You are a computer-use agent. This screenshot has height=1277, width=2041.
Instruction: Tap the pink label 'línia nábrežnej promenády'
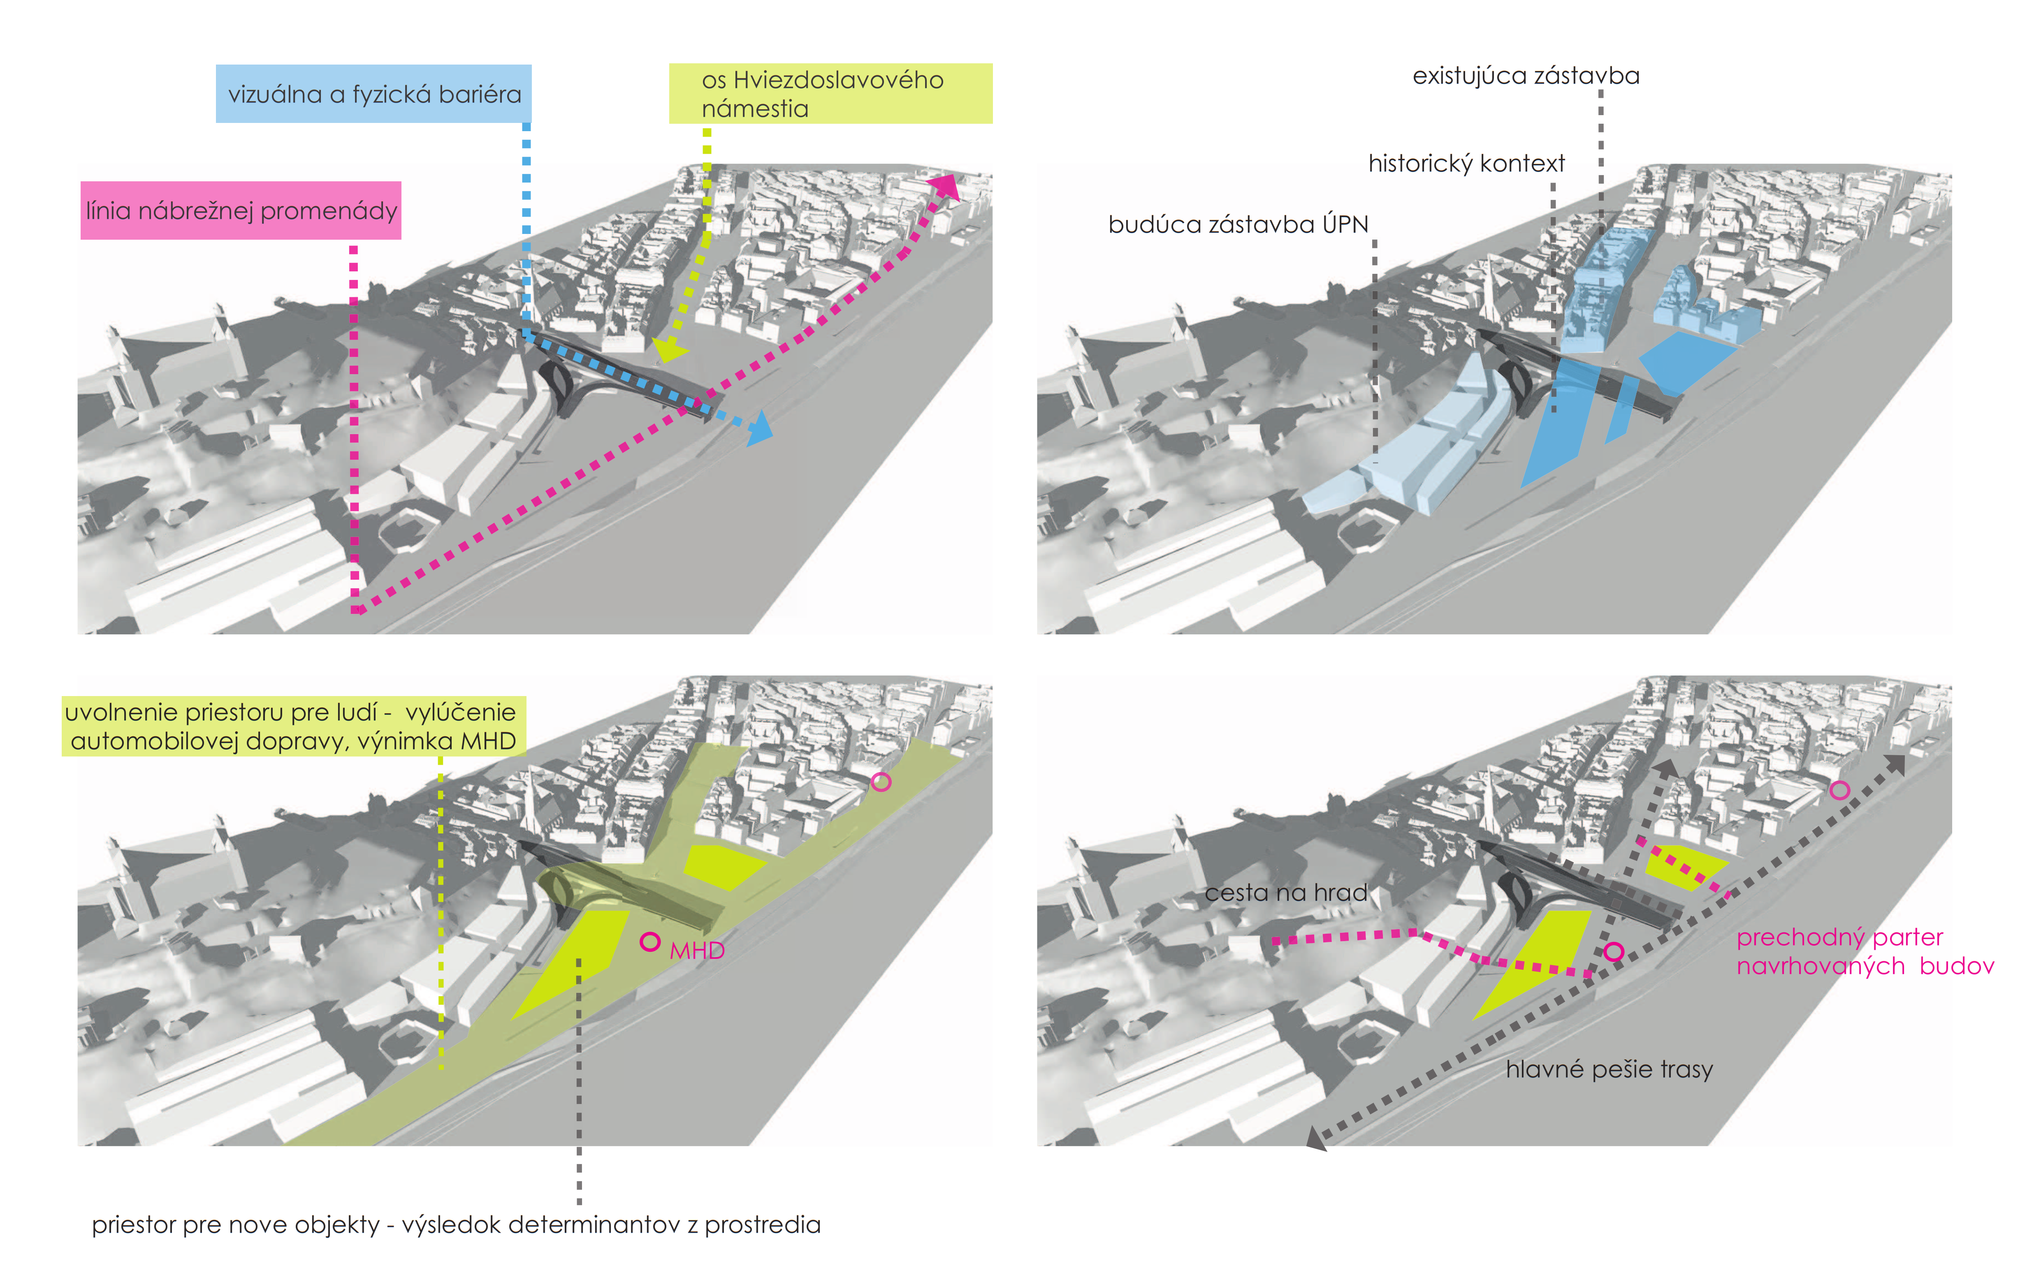[241, 211]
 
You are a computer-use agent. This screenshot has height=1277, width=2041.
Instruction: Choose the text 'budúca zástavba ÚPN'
[1238, 224]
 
